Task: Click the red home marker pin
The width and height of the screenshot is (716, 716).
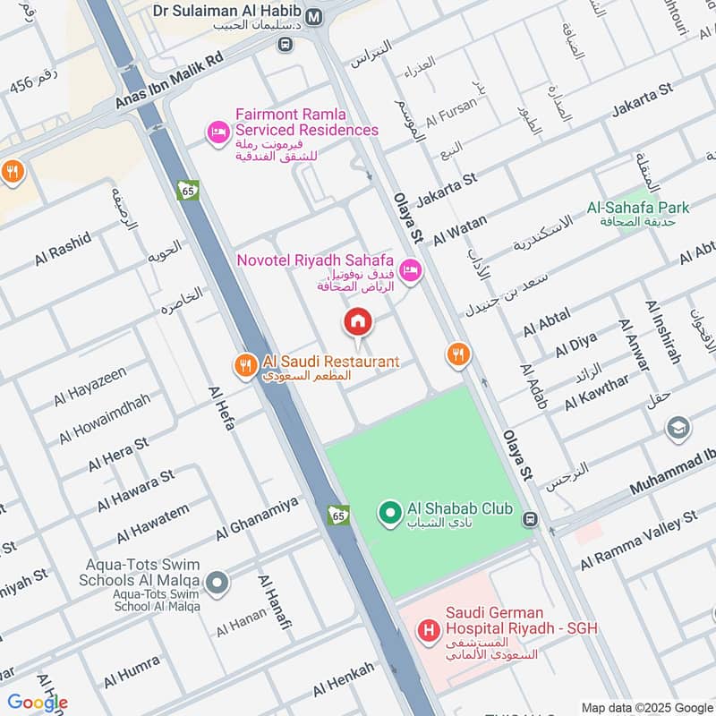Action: (x=358, y=320)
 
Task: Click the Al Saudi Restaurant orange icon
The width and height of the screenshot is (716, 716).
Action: (x=243, y=364)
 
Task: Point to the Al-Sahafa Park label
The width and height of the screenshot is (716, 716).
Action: (x=638, y=208)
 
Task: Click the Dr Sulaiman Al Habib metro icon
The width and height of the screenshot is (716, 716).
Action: (x=314, y=16)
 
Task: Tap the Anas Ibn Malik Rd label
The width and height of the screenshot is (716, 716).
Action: (x=167, y=81)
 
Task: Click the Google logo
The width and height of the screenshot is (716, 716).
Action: (x=37, y=703)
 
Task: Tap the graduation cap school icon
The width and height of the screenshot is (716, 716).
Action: (x=678, y=428)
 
